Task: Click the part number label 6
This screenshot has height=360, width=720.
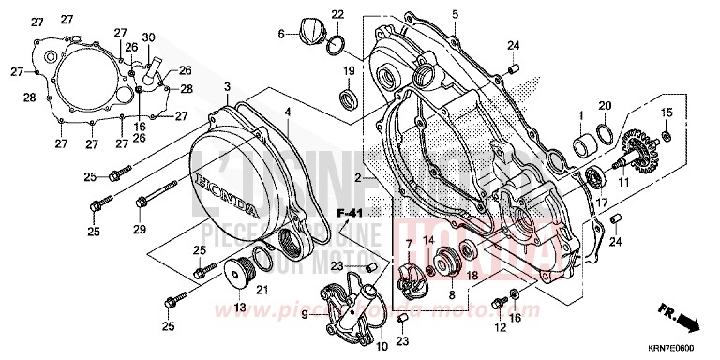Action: tap(280, 35)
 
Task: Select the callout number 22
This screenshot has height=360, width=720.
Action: tap(337, 14)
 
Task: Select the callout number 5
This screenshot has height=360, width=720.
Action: tap(455, 14)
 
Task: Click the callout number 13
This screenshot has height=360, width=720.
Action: tap(239, 307)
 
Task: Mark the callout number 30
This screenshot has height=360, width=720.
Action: tap(149, 37)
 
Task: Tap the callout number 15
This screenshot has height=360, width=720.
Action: tap(667, 113)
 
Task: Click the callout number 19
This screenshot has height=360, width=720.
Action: tap(347, 71)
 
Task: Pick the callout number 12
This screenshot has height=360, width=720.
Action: tap(500, 327)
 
